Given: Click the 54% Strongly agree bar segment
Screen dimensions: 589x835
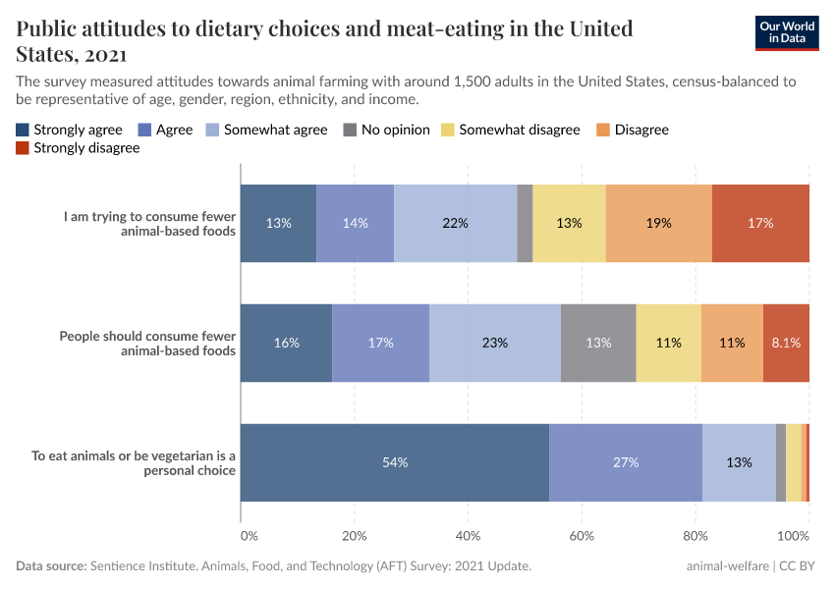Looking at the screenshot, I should click(x=395, y=462).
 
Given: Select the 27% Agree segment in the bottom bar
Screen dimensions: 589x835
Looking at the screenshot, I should click(x=626, y=462).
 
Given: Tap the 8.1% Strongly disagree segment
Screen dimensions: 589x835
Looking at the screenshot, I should click(x=786, y=343).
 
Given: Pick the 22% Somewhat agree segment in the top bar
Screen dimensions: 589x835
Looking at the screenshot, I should click(x=455, y=223).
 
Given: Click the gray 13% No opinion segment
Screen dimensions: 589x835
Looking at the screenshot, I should click(x=598, y=343).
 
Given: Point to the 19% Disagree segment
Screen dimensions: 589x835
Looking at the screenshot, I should click(x=658, y=223).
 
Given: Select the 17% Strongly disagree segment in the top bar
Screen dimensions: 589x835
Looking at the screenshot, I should click(x=760, y=223).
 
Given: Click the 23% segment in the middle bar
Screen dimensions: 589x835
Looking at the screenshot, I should click(x=495, y=343).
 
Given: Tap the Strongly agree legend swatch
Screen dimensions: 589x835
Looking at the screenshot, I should click(x=23, y=130).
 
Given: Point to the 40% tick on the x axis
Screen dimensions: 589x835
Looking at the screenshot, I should click(x=468, y=536).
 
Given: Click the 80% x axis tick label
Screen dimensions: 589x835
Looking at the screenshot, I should click(x=696, y=536).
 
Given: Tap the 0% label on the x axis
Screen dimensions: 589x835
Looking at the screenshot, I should click(x=249, y=536).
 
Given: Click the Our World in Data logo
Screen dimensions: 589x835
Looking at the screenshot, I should click(x=787, y=31).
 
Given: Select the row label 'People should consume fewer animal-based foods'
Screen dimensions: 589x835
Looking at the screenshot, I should click(x=147, y=343).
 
